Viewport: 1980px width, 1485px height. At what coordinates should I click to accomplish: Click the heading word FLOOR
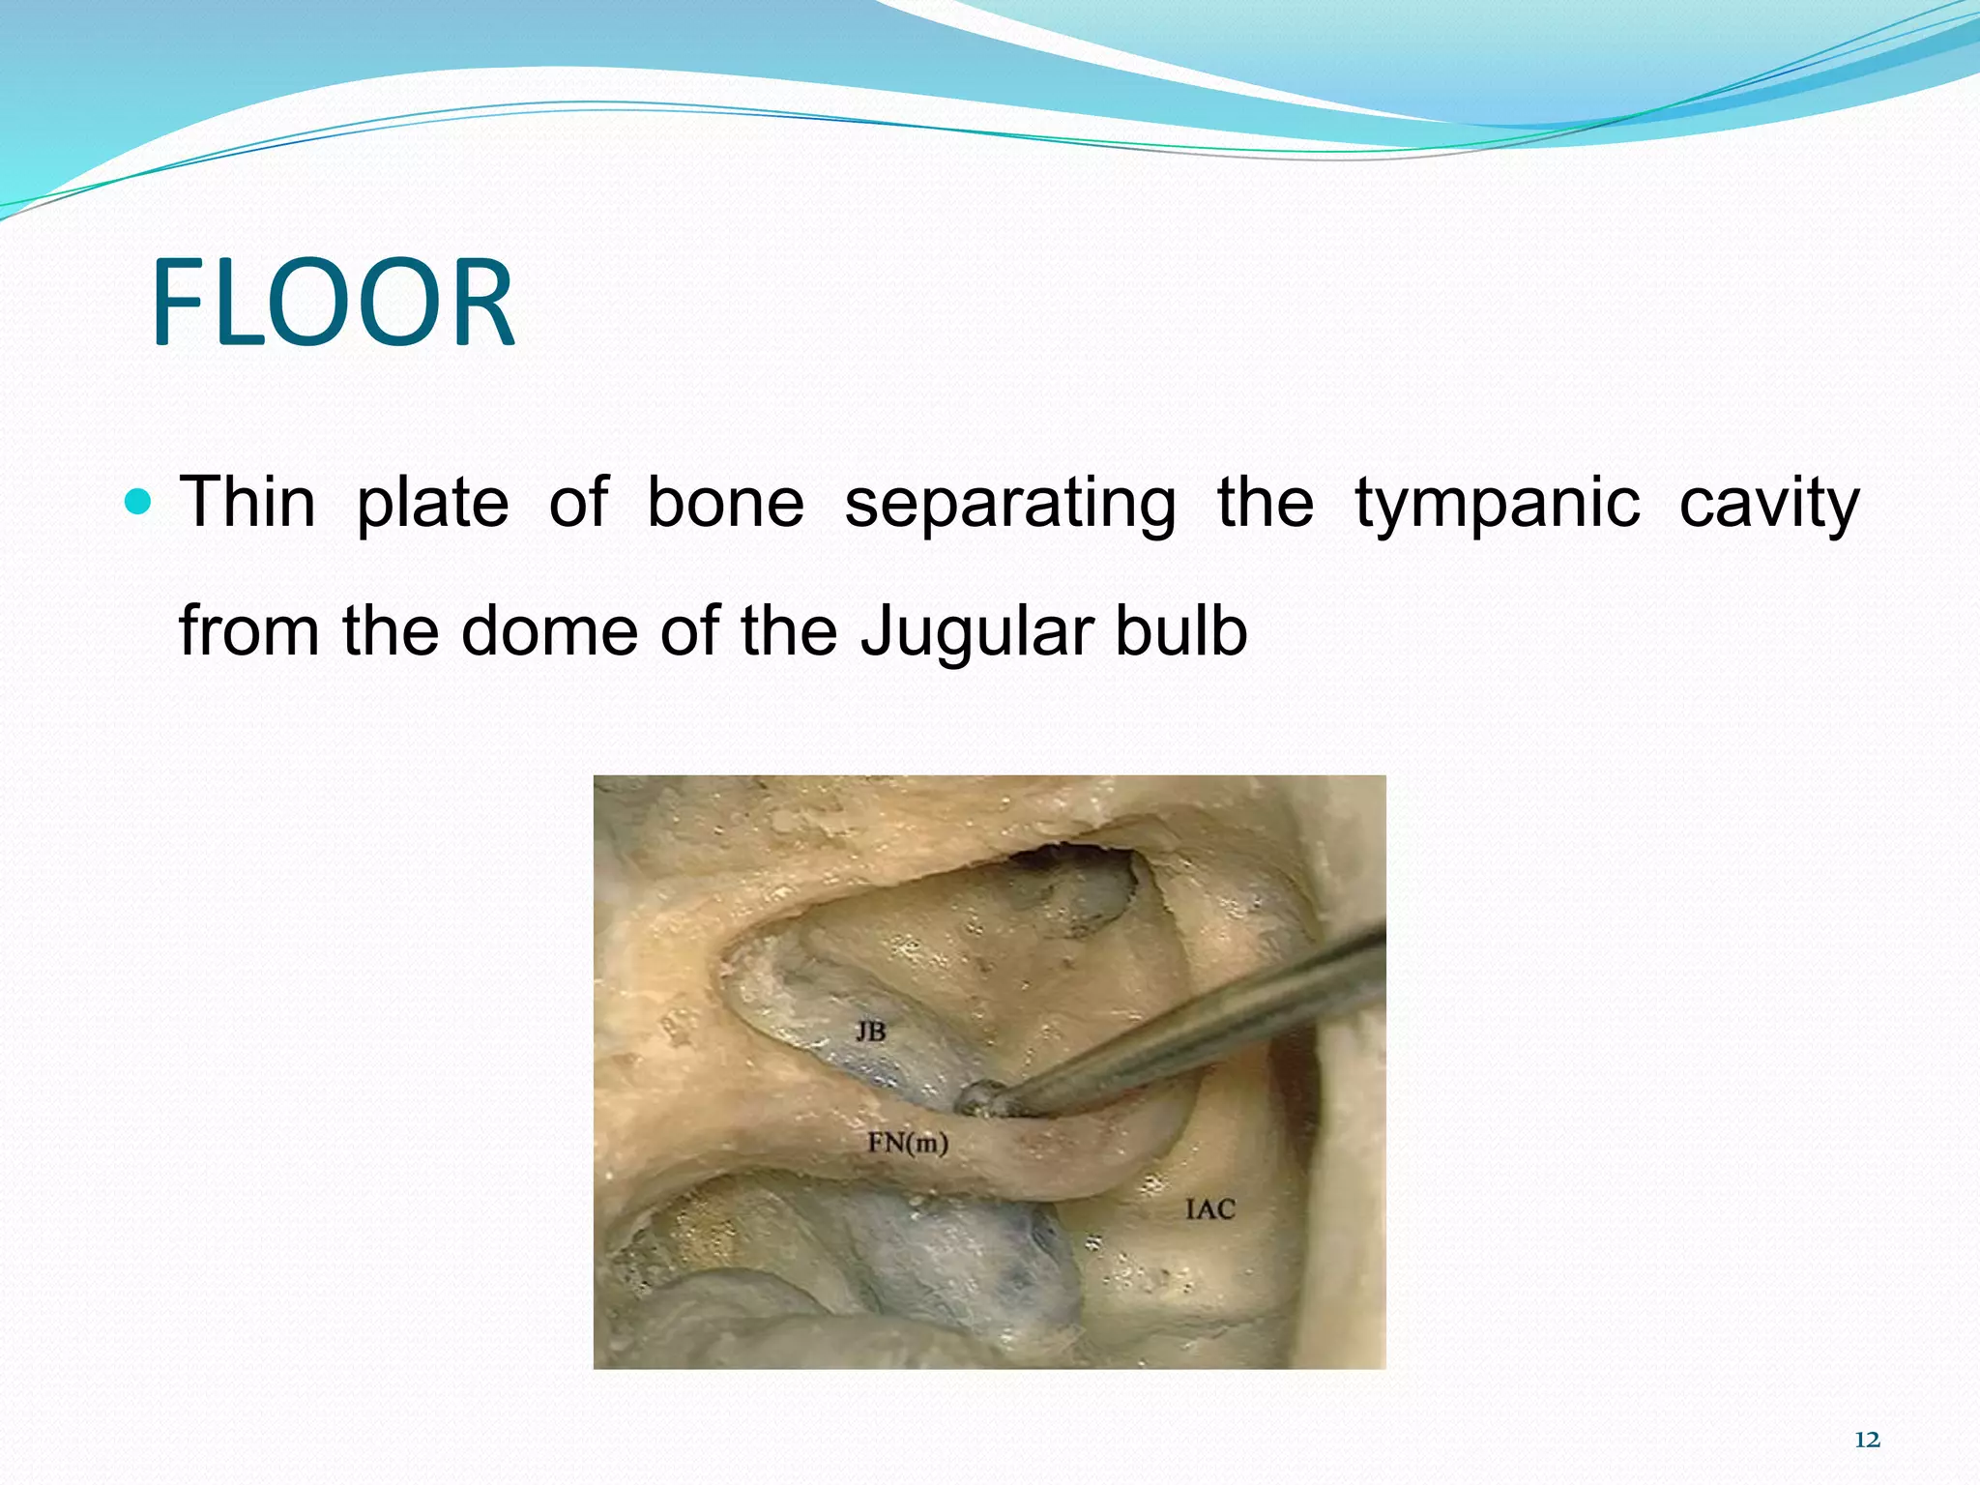pos(333,303)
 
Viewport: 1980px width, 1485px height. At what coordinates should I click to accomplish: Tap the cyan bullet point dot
pos(140,502)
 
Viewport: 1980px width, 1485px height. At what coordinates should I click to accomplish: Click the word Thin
pos(248,503)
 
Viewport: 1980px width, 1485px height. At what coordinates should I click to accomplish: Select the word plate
pos(432,505)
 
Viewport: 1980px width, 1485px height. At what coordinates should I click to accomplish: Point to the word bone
pos(725,503)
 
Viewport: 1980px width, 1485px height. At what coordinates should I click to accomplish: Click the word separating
pos(1009,505)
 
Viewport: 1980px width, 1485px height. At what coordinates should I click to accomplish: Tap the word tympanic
pos(1497,505)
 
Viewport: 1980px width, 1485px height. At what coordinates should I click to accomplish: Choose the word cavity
pos(1768,505)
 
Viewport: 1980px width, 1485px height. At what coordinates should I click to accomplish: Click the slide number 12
pos(1867,1440)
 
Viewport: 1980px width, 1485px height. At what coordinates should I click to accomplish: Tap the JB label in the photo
pos(870,1032)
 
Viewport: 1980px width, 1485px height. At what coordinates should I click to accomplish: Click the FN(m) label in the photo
pos(907,1144)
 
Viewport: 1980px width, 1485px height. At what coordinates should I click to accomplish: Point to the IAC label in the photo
pos(1209,1208)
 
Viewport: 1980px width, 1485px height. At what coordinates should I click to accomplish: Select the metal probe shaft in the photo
pos(1208,1025)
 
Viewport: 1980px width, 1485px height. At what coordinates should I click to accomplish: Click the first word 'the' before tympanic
pos(1265,503)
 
